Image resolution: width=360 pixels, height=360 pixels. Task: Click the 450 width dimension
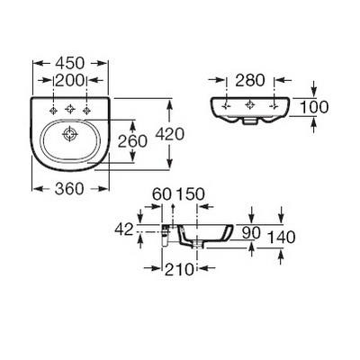pos(70,63)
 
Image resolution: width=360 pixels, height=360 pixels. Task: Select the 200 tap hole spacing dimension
pos(69,80)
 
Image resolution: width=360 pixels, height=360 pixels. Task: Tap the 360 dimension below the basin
pos(69,189)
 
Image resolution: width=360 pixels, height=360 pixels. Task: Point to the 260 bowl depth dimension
pos(132,141)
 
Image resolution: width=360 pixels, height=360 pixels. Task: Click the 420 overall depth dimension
pos(169,134)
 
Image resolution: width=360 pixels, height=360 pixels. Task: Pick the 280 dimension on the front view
pos(250,80)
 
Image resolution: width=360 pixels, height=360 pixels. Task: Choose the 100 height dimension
pos(314,107)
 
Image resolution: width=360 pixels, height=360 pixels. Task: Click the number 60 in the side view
pos(162,194)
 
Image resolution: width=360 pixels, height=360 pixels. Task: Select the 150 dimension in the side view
pos(190,194)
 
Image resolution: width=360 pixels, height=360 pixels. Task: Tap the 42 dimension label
pos(124,229)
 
